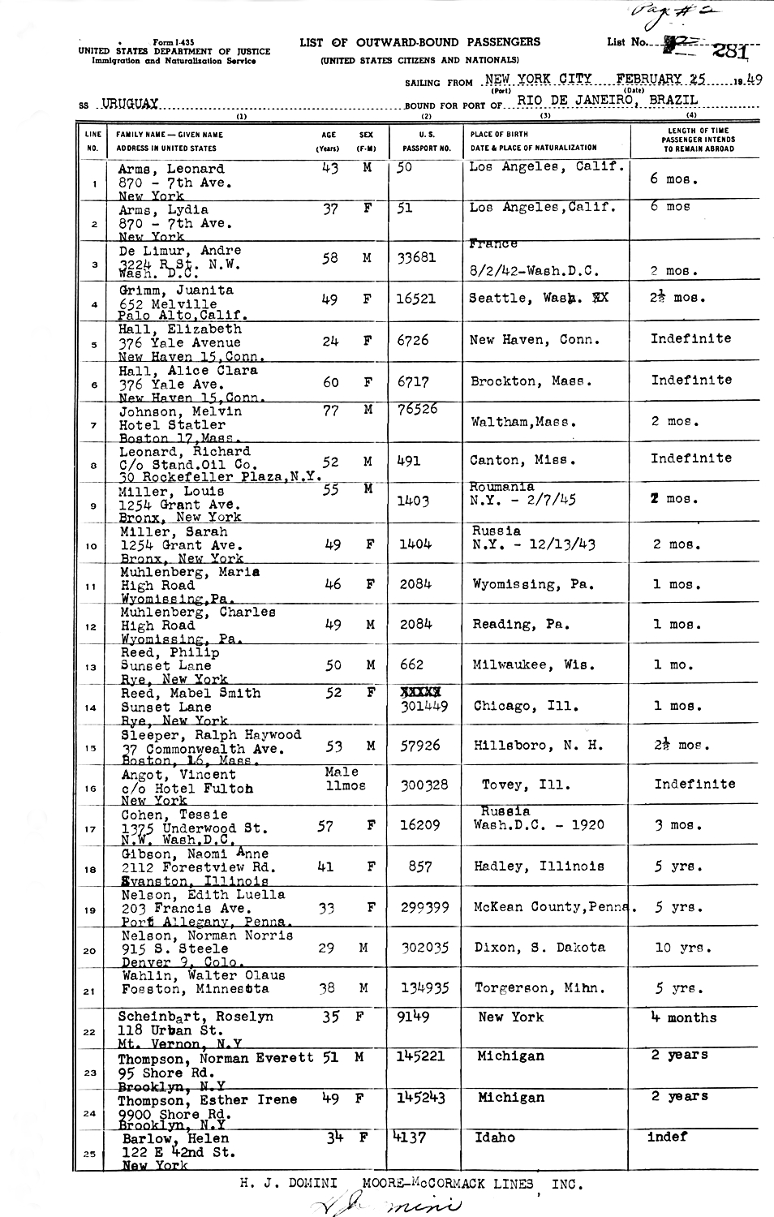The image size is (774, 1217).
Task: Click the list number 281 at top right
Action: [x=729, y=51]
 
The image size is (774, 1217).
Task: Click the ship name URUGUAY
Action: [x=130, y=104]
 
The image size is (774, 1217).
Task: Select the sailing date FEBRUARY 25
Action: [x=660, y=79]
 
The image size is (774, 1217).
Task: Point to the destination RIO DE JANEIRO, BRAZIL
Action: [x=607, y=100]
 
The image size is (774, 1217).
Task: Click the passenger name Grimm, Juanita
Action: [x=176, y=290]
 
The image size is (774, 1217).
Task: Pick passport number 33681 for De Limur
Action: [x=416, y=258]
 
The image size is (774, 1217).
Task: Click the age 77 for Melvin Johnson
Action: [x=331, y=411]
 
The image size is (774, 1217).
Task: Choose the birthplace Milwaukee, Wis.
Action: [x=533, y=664]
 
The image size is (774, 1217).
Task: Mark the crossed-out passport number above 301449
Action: [x=420, y=692]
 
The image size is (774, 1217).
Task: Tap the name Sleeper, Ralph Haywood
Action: [x=211, y=735]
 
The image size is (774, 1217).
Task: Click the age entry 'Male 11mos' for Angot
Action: [x=344, y=779]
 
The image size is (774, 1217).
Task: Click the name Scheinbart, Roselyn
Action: [x=196, y=1017]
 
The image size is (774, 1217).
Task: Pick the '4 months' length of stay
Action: [x=683, y=1017]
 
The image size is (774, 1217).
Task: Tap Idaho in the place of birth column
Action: [x=495, y=1137]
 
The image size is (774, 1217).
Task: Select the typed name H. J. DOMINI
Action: [x=289, y=1184]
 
